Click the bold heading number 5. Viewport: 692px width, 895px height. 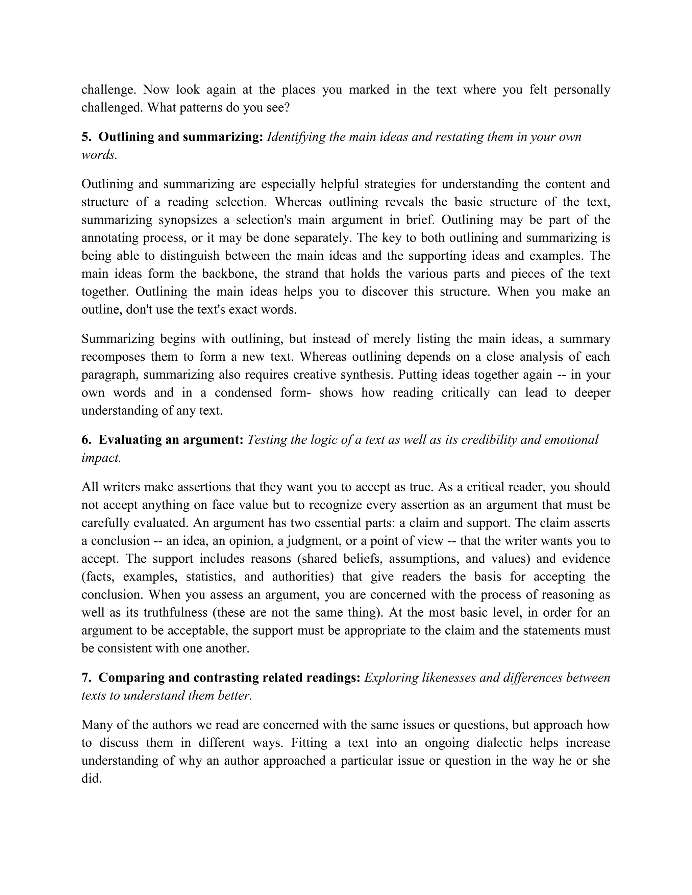pyautogui.click(x=86, y=137)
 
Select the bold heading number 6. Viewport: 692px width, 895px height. pyautogui.click(x=86, y=440)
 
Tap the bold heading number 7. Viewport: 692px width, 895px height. pyautogui.click(x=86, y=678)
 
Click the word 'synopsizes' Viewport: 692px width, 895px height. pyautogui.click(x=187, y=220)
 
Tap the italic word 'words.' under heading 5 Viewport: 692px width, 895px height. pyautogui.click(x=99, y=155)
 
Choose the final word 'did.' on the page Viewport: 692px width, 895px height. pyautogui.click(x=92, y=778)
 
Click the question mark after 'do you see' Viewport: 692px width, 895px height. pyautogui.click(x=287, y=108)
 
